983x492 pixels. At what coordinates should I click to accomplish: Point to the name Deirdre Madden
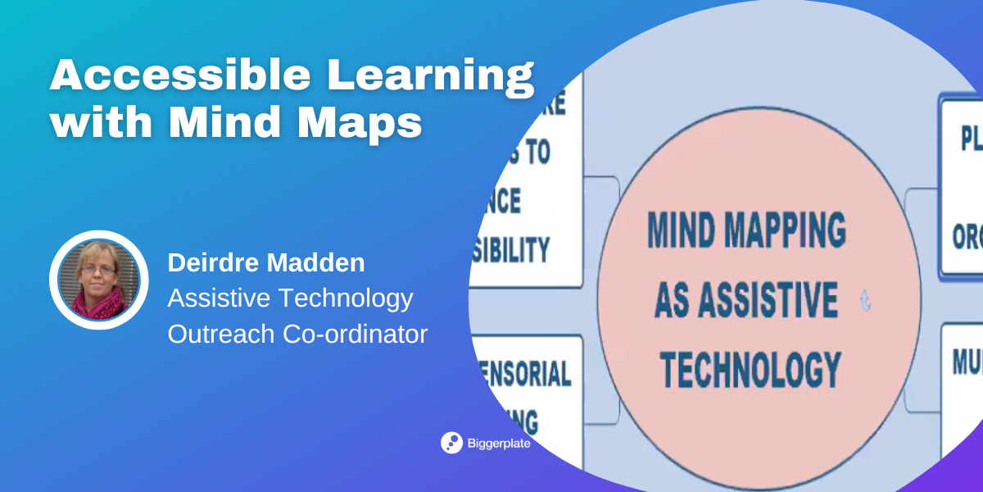[x=265, y=263]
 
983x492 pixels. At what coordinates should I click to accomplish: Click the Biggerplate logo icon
[x=451, y=443]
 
